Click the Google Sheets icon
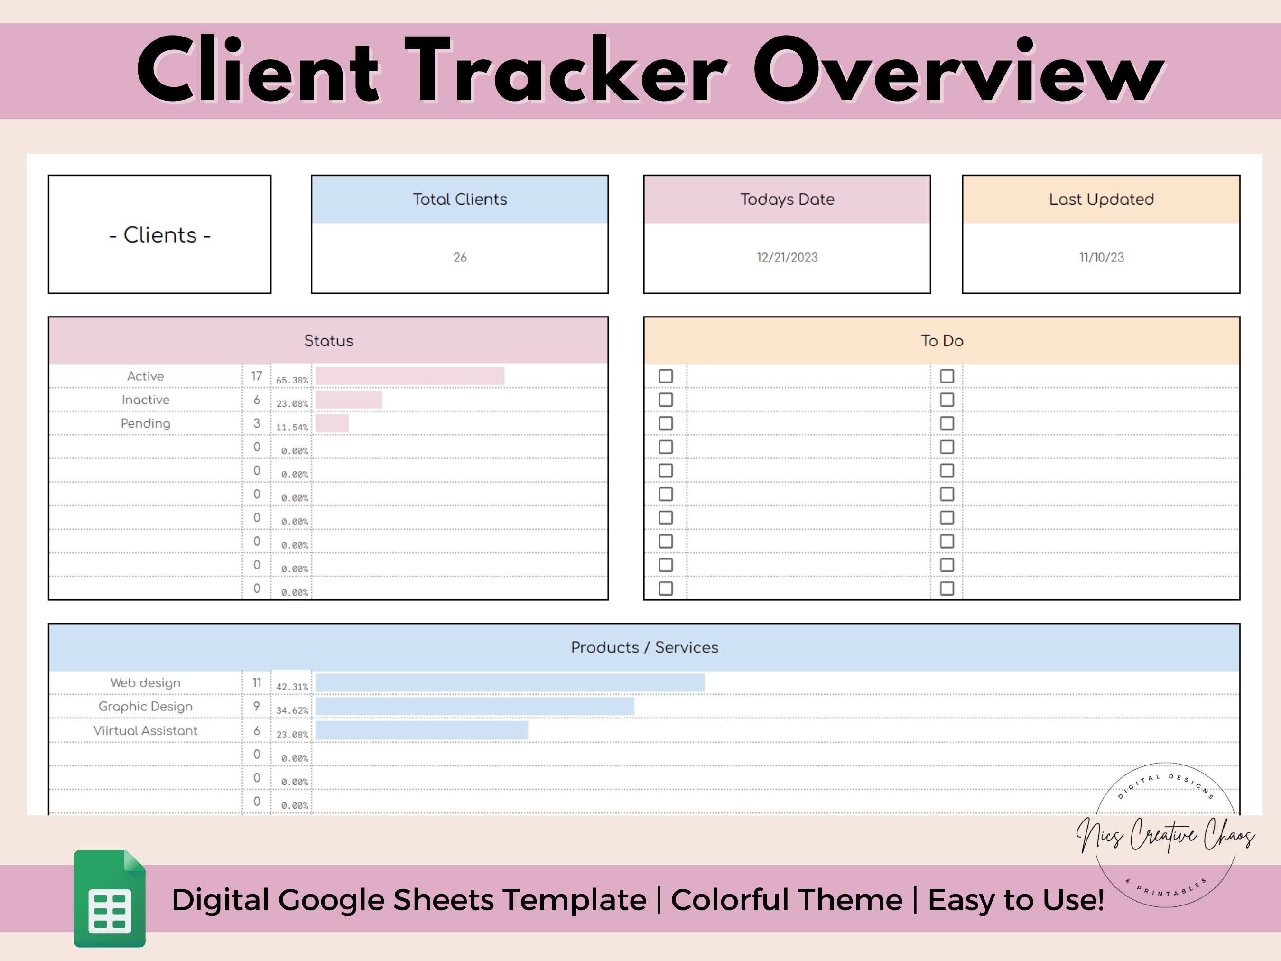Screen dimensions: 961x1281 coord(110,898)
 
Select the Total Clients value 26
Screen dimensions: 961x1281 coord(460,257)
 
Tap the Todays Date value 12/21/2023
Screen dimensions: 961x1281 coord(787,257)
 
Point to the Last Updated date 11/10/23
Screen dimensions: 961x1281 coord(1101,257)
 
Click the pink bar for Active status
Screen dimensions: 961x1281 coord(409,376)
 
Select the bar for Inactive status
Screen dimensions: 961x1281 coord(349,400)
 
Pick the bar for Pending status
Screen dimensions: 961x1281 coord(332,423)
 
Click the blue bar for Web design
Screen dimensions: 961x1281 coord(510,683)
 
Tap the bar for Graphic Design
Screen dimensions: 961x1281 coord(474,706)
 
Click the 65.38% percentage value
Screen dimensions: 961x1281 coord(292,380)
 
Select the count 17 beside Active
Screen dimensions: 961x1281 coord(257,376)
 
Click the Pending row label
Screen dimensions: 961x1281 coord(145,423)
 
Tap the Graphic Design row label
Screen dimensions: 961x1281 coord(145,706)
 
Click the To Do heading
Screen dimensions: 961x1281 coord(942,341)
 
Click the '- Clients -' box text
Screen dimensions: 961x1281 coord(160,234)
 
